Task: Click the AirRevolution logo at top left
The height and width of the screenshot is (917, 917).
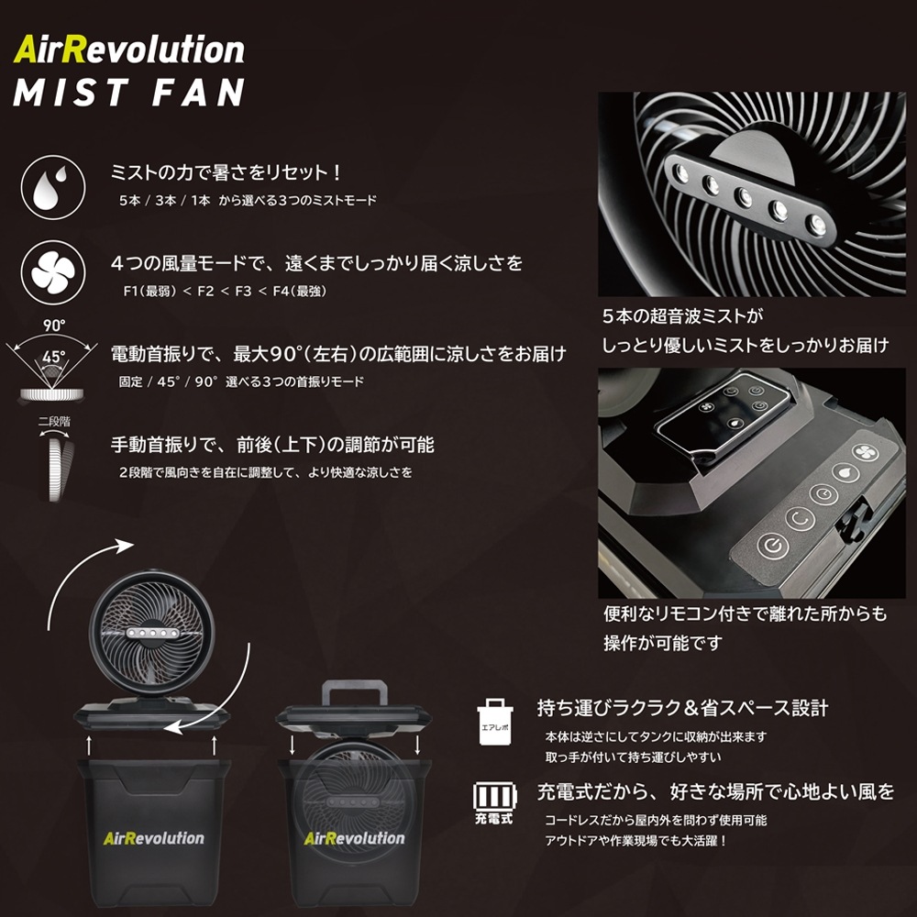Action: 128,50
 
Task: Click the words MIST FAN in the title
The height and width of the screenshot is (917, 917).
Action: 128,93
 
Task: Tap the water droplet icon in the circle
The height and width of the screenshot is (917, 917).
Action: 52,187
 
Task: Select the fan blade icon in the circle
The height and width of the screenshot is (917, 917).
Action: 52,272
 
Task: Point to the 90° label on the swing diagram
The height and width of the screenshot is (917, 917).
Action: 54,326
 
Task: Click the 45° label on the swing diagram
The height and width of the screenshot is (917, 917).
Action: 54,356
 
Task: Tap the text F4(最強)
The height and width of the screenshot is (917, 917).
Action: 300,291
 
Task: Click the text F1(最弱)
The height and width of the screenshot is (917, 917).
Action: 149,291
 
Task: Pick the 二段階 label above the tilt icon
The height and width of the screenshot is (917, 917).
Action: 54,422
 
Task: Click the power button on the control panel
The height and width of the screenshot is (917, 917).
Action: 773,547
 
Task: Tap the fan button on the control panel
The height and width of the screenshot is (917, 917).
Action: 867,452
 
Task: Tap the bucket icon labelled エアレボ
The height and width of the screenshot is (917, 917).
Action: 495,722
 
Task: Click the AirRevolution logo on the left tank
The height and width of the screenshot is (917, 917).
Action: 154,838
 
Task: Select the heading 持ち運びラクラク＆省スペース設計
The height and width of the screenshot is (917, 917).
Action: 682,708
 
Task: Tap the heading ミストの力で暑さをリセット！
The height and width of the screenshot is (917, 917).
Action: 226,172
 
